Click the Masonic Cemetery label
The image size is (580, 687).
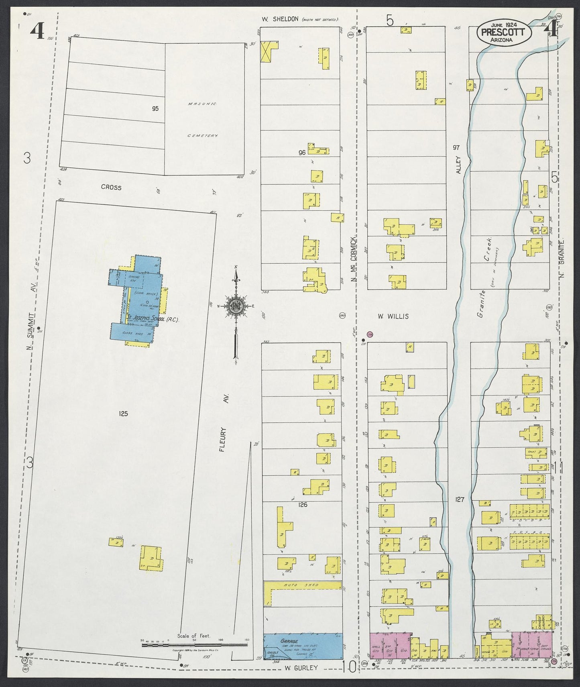click(202, 119)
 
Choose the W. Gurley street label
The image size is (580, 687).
click(301, 668)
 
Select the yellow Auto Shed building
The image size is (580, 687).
click(303, 585)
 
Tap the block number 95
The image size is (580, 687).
click(155, 109)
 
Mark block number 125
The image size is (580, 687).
click(123, 414)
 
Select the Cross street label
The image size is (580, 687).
click(111, 187)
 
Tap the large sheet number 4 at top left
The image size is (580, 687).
click(37, 31)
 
